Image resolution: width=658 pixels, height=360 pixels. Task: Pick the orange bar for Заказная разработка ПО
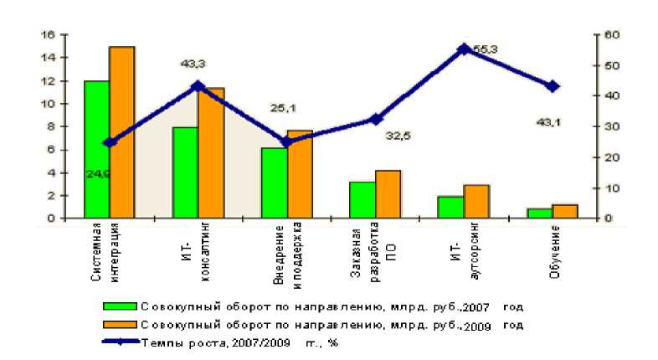click(388, 194)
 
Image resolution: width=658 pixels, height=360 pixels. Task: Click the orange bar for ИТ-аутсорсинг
click(476, 202)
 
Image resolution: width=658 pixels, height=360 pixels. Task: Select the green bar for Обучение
click(540, 213)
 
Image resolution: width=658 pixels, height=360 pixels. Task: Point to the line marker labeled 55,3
click(463, 49)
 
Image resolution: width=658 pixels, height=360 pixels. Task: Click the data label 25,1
click(282, 108)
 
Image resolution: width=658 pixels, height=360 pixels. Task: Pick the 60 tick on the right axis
click(610, 35)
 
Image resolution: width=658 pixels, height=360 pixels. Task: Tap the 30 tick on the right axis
click(610, 126)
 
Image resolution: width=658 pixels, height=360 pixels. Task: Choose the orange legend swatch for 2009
click(119, 324)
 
